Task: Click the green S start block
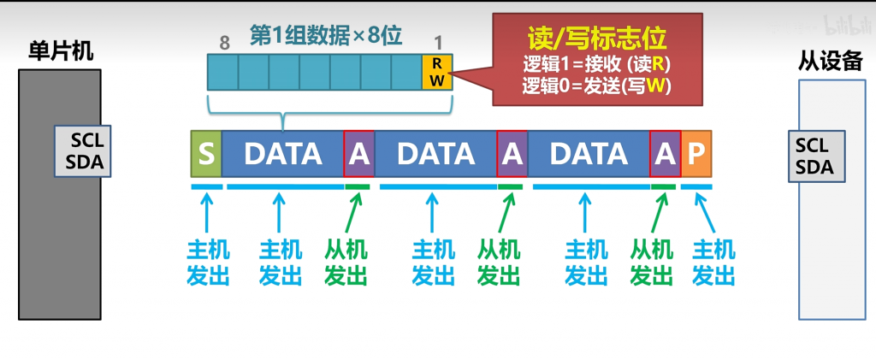pyautogui.click(x=205, y=154)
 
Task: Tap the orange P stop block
pyautogui.click(x=696, y=154)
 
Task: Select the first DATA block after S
pyautogui.click(x=282, y=154)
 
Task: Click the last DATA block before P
pyautogui.click(x=589, y=154)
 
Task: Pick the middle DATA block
pyautogui.click(x=435, y=154)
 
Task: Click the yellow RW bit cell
pyautogui.click(x=436, y=72)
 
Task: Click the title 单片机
pyautogui.click(x=56, y=51)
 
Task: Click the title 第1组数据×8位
pyautogui.click(x=326, y=35)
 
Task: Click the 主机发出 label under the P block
pyautogui.click(x=713, y=262)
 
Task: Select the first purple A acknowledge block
pyautogui.click(x=358, y=154)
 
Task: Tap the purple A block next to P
pyautogui.click(x=665, y=154)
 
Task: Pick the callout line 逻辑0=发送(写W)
pyautogui.click(x=596, y=86)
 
